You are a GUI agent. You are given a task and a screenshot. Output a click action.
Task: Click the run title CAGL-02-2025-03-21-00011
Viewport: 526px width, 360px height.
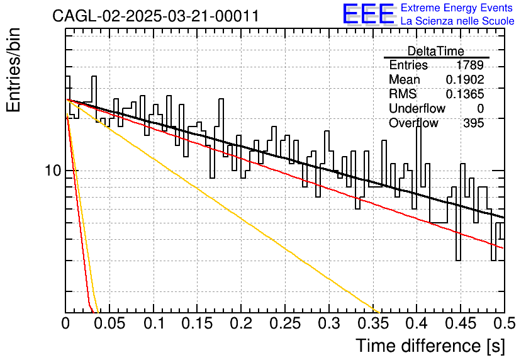click(155, 16)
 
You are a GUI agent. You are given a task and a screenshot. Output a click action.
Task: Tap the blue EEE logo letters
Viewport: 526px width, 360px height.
click(369, 14)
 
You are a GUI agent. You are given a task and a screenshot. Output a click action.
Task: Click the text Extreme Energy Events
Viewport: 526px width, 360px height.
click(457, 8)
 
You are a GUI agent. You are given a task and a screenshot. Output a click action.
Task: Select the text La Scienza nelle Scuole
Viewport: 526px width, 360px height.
click(457, 21)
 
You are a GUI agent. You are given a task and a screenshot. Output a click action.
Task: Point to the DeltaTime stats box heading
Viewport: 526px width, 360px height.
click(436, 51)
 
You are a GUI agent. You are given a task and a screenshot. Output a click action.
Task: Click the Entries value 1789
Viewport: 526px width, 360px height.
click(469, 65)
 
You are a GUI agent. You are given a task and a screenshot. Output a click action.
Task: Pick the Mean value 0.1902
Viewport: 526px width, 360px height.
click(465, 79)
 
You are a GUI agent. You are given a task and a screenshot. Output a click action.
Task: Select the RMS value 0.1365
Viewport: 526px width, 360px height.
click(465, 94)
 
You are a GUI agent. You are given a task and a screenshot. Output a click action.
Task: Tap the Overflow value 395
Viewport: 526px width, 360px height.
click(474, 123)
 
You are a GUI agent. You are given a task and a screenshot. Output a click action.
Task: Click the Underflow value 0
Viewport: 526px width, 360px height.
click(480, 108)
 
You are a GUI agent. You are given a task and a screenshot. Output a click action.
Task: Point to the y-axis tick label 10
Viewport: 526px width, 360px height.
click(53, 171)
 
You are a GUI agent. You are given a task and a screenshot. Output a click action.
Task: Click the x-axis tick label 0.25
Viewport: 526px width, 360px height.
click(285, 323)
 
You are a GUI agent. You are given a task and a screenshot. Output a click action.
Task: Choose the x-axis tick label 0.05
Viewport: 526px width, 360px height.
click(109, 323)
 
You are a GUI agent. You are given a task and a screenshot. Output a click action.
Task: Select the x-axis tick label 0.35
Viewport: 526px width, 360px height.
click(373, 323)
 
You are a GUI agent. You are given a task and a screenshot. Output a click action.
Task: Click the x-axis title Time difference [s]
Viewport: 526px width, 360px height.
click(430, 346)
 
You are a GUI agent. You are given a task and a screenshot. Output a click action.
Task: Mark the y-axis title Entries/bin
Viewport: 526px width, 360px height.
click(13, 70)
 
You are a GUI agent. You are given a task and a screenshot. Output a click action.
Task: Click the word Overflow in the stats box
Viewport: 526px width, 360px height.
click(413, 123)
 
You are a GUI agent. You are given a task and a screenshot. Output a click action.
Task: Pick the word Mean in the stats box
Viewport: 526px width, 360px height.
click(404, 79)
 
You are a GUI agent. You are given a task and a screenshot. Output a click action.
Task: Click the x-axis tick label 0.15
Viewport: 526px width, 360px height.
click(198, 323)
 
